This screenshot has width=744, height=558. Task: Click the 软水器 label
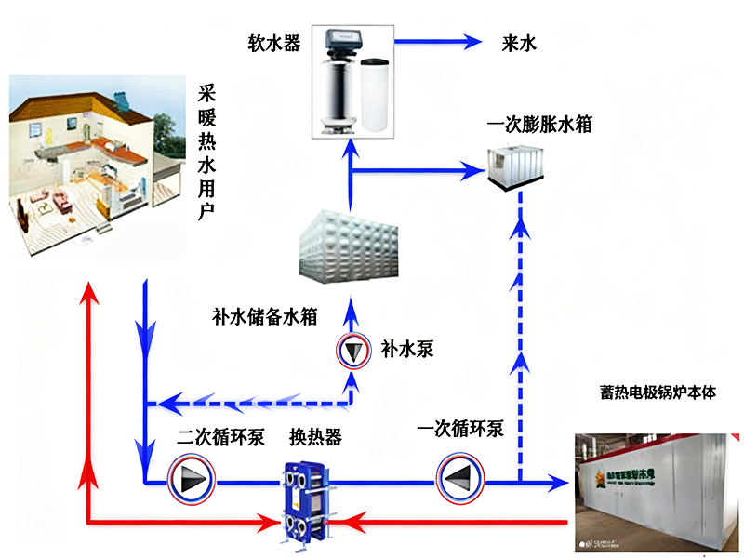click(273, 43)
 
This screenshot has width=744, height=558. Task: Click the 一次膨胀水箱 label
click(539, 124)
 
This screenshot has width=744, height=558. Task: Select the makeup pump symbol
click(352, 351)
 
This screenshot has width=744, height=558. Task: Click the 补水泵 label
click(407, 351)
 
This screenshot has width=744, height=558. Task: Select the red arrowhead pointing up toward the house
click(88, 296)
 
